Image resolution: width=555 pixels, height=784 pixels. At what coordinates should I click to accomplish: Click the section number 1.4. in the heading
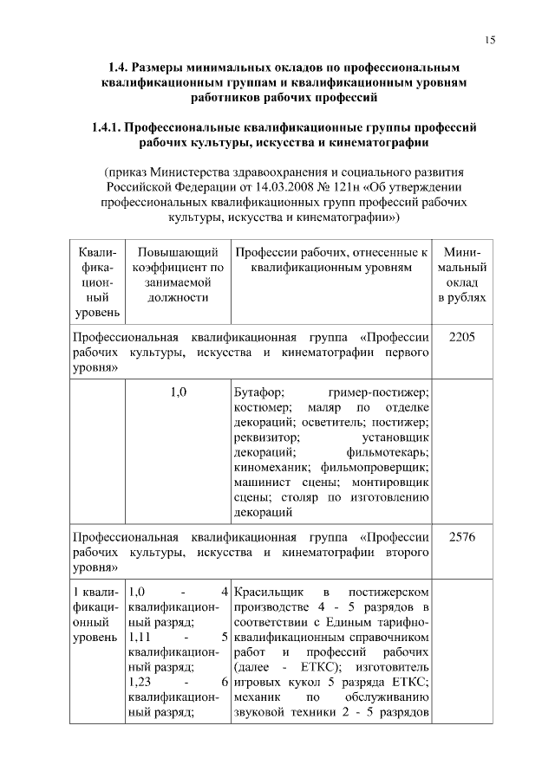coord(121,66)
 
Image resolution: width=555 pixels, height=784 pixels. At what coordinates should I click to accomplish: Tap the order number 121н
coord(343,185)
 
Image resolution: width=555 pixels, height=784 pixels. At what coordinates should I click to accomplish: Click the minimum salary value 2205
coord(461,336)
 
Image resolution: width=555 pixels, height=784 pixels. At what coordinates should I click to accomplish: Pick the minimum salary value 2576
coord(461,536)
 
